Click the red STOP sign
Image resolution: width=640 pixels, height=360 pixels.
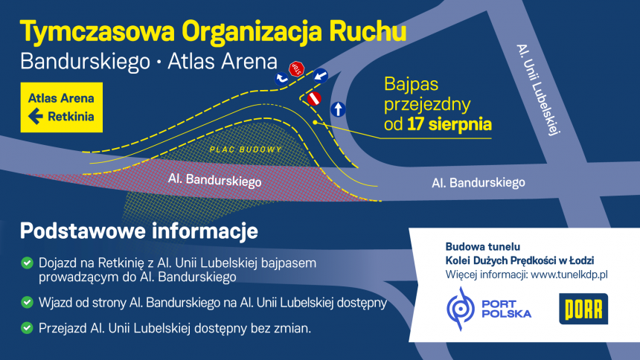click(297, 69)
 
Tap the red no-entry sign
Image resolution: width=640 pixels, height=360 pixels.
click(314, 99)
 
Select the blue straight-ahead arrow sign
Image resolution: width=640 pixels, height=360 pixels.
click(338, 109)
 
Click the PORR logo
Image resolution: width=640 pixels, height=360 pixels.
click(583, 309)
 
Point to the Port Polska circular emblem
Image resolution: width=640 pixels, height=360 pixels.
click(461, 309)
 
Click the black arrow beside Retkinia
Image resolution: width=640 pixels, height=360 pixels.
click(36, 116)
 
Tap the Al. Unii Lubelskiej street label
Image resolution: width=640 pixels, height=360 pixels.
click(538, 89)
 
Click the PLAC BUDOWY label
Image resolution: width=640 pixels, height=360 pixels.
click(246, 150)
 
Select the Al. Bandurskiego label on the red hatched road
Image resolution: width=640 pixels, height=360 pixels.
click(214, 180)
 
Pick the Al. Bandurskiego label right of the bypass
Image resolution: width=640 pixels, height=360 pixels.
click(479, 182)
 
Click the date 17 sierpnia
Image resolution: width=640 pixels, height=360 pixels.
click(449, 124)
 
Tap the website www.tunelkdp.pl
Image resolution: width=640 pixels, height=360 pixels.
click(569, 274)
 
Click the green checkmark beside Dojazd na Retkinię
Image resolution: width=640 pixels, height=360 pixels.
click(27, 263)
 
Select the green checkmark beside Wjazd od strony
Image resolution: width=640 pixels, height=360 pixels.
click(27, 303)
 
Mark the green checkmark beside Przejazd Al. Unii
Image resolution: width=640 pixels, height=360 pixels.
click(27, 328)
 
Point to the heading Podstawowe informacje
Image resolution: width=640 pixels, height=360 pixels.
click(138, 231)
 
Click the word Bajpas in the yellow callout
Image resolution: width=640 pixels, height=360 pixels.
click(411, 85)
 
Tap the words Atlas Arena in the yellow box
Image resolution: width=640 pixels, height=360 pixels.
click(61, 98)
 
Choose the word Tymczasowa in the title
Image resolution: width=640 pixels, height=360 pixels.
click(97, 32)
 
